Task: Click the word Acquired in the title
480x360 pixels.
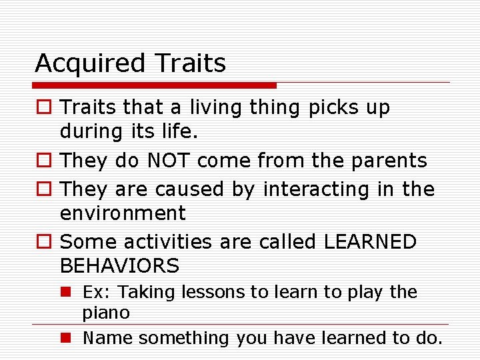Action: [x=89, y=64]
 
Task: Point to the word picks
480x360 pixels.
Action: [x=329, y=108]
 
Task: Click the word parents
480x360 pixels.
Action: [x=391, y=161]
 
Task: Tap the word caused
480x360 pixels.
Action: [x=191, y=189]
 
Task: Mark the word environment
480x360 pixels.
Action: [x=123, y=213]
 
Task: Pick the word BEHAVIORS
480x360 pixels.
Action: [x=119, y=266]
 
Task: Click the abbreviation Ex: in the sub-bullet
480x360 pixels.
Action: [x=95, y=292]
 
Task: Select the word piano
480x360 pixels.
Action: [x=106, y=312]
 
